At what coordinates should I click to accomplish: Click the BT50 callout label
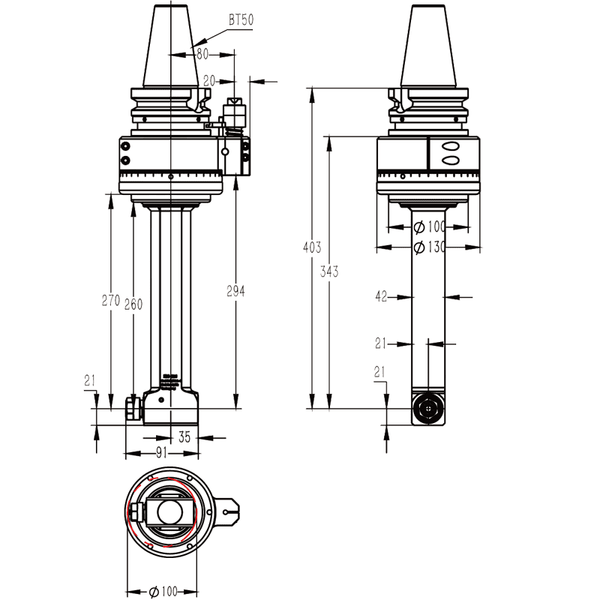240,19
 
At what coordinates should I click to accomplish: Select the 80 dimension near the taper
201,54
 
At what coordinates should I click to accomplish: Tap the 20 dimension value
209,79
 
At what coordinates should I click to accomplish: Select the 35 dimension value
184,437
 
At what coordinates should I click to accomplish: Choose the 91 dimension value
161,452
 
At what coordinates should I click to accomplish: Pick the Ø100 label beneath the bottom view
163,592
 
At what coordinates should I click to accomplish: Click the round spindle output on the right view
428,409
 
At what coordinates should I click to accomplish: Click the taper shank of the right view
428,49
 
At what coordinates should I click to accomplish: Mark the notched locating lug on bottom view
230,513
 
